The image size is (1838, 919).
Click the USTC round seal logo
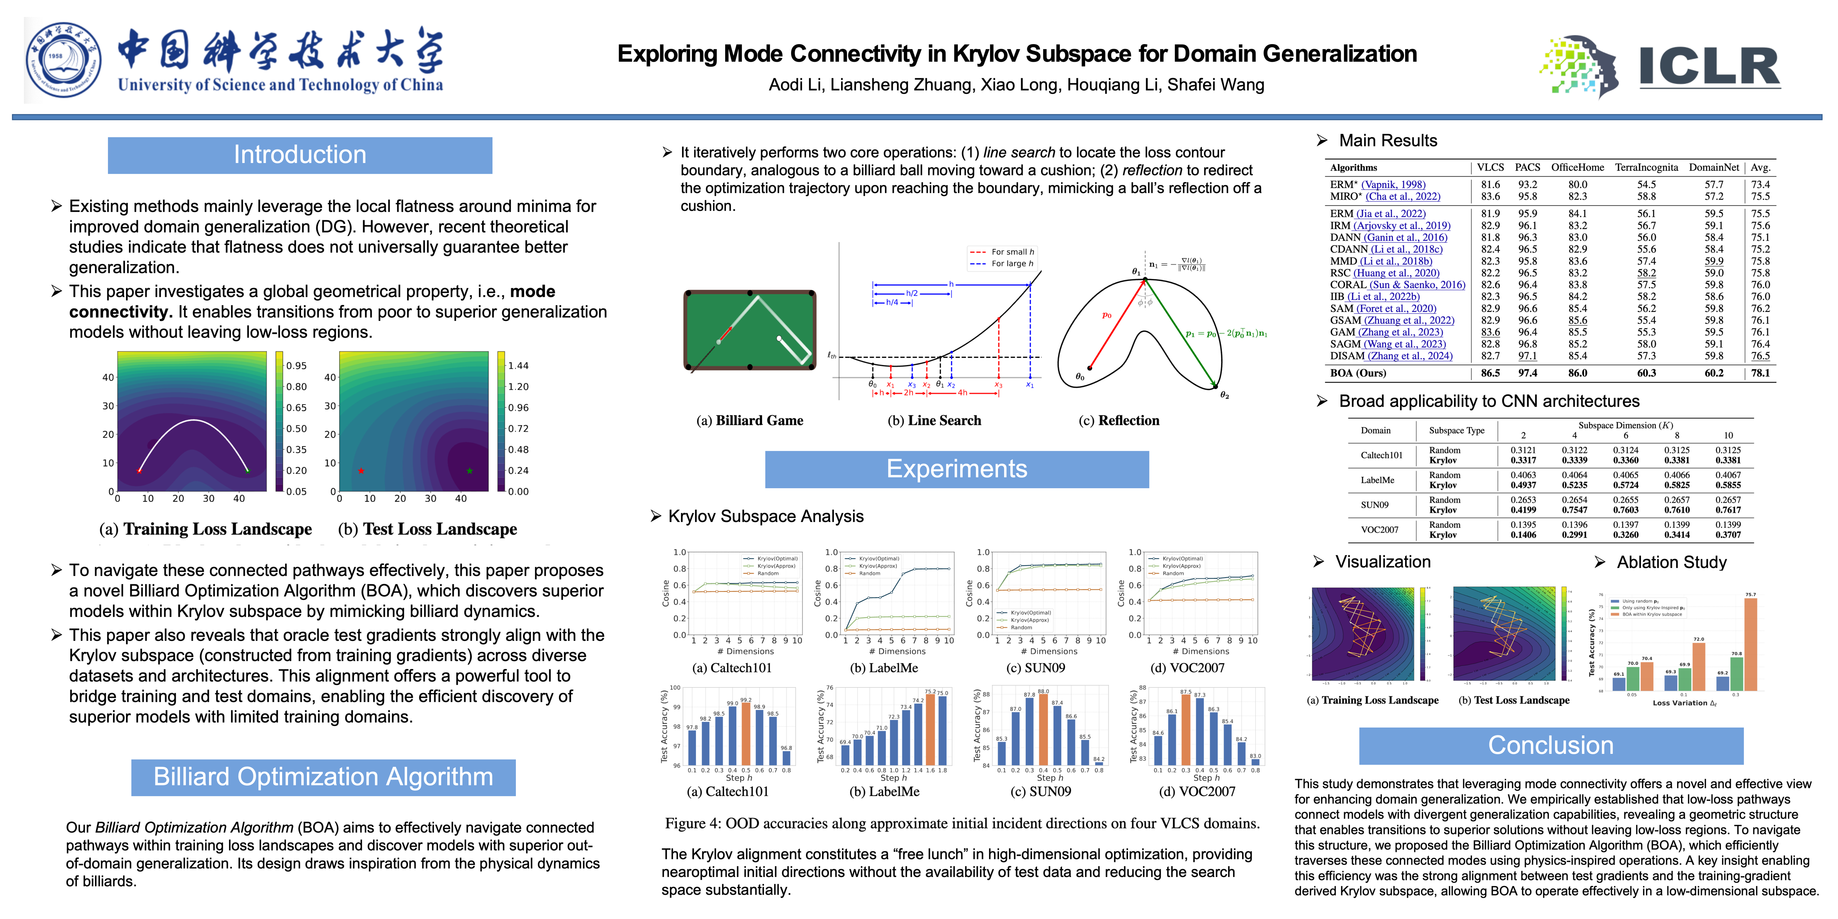point(63,61)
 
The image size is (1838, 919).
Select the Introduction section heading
point(300,155)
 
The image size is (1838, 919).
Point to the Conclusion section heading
point(1550,745)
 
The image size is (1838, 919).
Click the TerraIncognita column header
point(1646,168)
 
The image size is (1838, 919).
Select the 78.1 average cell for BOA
point(1760,373)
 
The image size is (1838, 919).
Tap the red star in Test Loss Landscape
point(361,471)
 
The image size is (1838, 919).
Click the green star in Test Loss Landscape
point(470,471)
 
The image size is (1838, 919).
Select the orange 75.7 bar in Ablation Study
point(1750,642)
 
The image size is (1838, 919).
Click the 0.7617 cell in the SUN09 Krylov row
point(1727,510)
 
